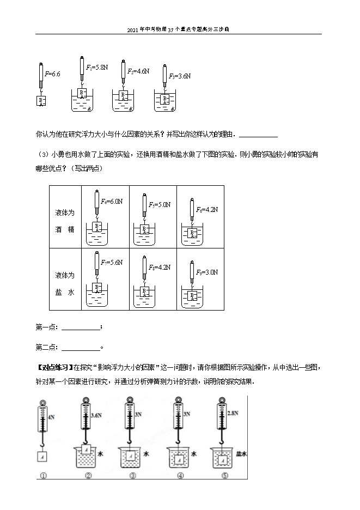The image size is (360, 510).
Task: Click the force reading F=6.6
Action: click(53, 74)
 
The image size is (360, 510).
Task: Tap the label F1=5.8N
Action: click(97, 67)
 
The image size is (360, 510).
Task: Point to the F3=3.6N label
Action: click(180, 76)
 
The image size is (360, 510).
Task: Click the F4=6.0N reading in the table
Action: click(111, 202)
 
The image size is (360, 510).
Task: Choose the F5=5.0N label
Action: click(160, 205)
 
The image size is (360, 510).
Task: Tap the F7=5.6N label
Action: click(111, 263)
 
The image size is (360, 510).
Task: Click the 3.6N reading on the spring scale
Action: click(97, 416)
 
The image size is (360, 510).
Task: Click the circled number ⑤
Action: click(221, 475)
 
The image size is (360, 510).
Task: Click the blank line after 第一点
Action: click(81, 328)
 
